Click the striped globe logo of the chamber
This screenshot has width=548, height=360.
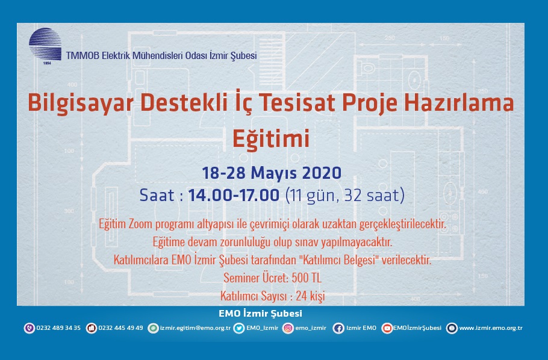45,45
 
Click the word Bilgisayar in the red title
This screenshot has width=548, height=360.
81,103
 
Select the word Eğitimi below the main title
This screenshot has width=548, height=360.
271,138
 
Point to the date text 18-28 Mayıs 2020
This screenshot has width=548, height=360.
272,173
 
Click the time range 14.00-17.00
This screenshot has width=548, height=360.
234,195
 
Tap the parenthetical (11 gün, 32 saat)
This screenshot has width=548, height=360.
345,195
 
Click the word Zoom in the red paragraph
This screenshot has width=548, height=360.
141,224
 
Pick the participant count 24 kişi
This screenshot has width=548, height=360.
310,296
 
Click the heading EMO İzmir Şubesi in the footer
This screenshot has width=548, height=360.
260,313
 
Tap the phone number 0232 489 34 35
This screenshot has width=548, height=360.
58,328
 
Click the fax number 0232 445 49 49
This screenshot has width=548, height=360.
120,328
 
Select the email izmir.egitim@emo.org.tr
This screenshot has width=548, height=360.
195,328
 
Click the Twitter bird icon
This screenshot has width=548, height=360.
239,328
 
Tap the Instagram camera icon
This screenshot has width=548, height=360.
288,328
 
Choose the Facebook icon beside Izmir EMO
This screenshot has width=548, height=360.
338,328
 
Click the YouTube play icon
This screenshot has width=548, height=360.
387,328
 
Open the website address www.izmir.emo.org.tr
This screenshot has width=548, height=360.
491,328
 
